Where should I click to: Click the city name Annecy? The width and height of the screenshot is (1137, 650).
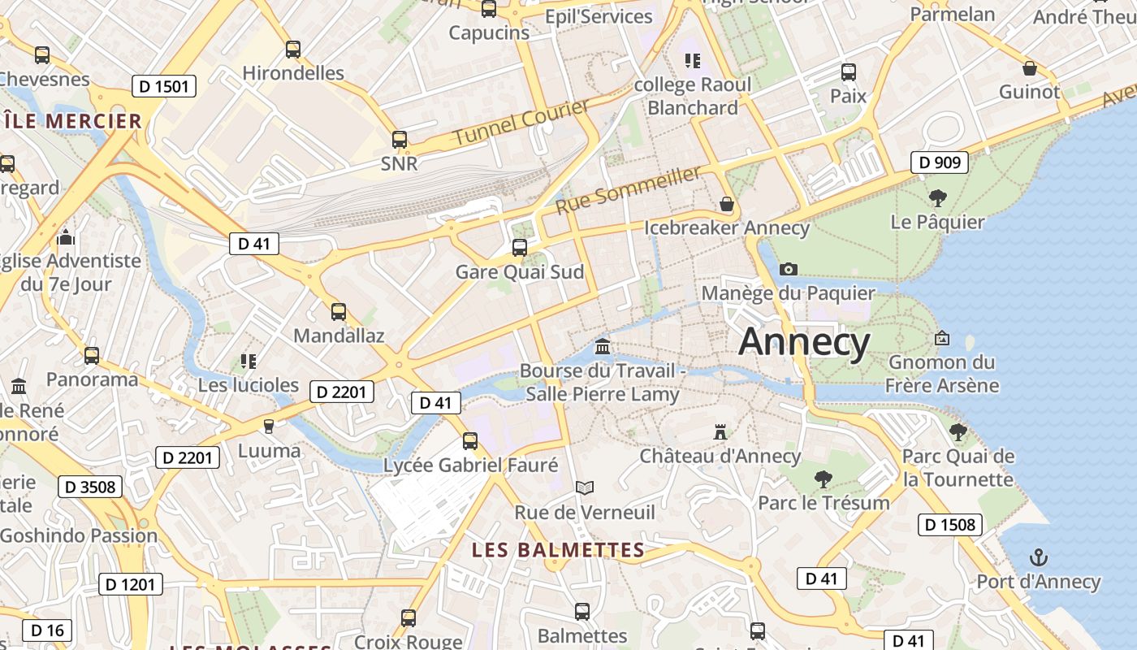coord(804,341)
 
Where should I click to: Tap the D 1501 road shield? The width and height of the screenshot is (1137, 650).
coord(163,86)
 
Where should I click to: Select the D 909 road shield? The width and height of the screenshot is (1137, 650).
coord(940,162)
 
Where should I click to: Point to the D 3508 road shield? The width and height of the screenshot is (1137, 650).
coord(90,487)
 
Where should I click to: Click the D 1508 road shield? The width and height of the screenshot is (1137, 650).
coord(950,525)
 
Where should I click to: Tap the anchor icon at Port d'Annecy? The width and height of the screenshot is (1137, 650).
coord(1038,557)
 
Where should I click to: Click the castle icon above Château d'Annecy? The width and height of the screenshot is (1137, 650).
coord(720,431)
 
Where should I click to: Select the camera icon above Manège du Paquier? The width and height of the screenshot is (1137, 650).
coord(788,269)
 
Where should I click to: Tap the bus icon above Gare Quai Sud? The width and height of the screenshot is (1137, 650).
coord(520,247)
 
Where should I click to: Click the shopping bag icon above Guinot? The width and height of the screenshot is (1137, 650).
coord(1030,68)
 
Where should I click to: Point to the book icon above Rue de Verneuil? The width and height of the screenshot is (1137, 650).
coord(585,487)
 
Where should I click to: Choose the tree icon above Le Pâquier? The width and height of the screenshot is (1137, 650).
coord(937,197)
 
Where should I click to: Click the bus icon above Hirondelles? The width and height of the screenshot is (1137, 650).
coord(293,50)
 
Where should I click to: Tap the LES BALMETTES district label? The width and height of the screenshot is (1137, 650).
coord(558,550)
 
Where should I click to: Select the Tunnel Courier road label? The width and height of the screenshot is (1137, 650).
coord(521,122)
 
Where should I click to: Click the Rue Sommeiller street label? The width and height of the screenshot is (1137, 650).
coord(628,190)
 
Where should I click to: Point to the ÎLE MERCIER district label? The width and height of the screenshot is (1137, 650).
coord(73,122)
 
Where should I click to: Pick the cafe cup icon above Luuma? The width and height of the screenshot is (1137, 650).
coord(269,426)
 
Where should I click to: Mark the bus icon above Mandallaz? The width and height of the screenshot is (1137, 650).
coord(339,311)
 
